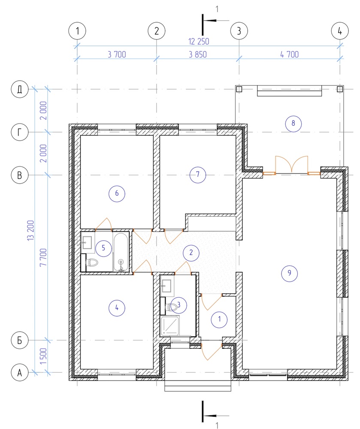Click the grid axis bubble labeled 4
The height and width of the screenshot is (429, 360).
(x=340, y=31)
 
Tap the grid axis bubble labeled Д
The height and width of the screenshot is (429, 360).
(x=20, y=89)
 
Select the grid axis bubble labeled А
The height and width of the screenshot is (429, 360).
(x=20, y=373)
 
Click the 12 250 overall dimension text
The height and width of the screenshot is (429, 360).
(x=199, y=42)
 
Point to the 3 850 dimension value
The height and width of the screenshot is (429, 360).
(x=198, y=54)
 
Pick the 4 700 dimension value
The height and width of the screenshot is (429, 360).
(x=290, y=54)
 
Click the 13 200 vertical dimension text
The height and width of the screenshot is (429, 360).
(x=30, y=230)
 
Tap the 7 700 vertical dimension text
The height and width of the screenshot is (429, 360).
(x=43, y=257)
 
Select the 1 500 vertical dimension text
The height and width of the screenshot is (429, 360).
(x=43, y=356)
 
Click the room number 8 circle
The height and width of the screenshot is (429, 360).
(x=293, y=124)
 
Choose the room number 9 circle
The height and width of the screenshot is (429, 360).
(x=290, y=273)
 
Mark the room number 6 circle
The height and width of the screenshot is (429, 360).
(x=117, y=193)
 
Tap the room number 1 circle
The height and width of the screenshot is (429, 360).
(x=219, y=319)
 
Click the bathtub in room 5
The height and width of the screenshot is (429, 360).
(x=121, y=252)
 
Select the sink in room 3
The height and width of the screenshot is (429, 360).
(x=167, y=286)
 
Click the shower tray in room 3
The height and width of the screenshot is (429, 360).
(x=170, y=326)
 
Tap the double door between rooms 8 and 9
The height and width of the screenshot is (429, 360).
(x=292, y=165)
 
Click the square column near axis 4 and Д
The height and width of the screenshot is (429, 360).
(x=340, y=89)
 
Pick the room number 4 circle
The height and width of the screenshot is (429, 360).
(x=117, y=308)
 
